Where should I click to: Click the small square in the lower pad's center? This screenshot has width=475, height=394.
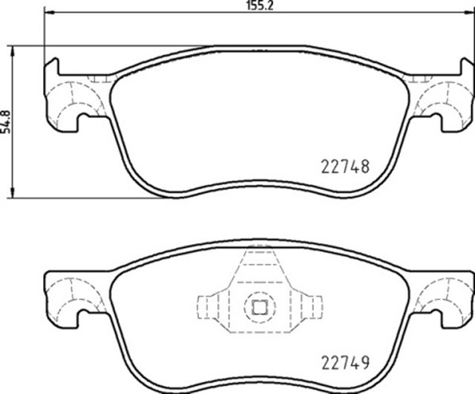[x=258, y=307]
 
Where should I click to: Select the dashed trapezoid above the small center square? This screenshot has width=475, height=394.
[x=258, y=267]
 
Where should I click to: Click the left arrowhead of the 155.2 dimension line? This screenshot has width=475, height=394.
[x=49, y=13]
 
